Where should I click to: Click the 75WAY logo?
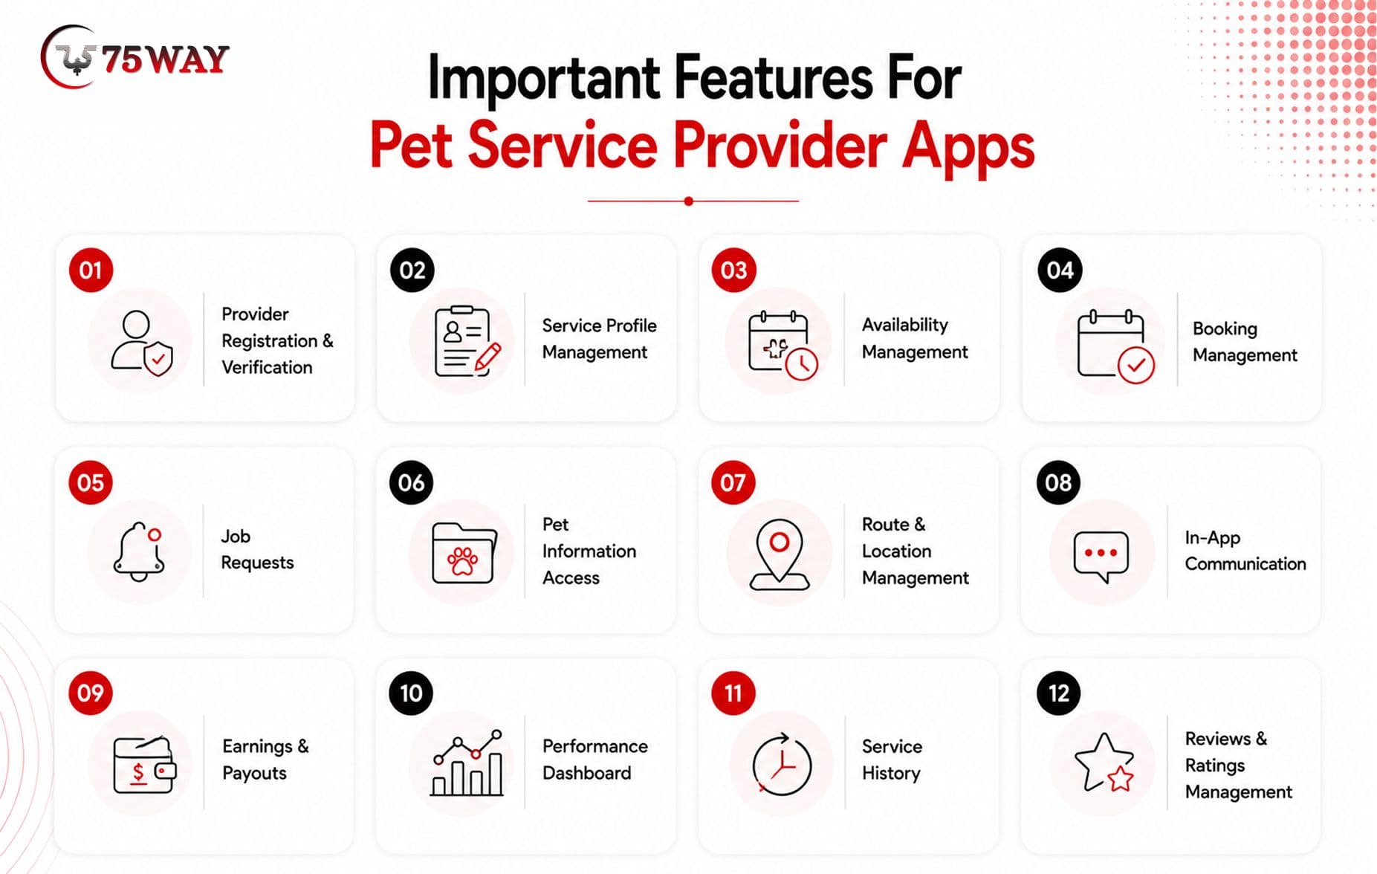coord(135,57)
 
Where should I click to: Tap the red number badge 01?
coord(91,270)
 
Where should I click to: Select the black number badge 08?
coord(1058,482)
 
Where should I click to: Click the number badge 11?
coord(733,693)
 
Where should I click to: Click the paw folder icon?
coord(464,553)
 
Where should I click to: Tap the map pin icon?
coord(779,554)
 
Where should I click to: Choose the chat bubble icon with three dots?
coord(1101,555)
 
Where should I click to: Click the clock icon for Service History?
coord(781,765)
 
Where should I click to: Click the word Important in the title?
coord(544,77)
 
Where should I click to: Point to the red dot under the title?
coord(689,201)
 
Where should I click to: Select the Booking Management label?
coord(1245,342)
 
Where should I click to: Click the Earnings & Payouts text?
coord(265,760)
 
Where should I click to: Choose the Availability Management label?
coord(915,338)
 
